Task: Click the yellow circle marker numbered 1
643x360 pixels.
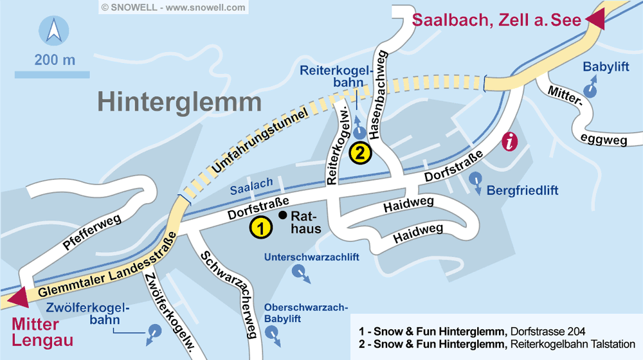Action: pyautogui.click(x=260, y=227)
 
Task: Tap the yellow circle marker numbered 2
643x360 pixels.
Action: pyautogui.click(x=360, y=153)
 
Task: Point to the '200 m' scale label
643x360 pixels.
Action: pyautogui.click(x=55, y=61)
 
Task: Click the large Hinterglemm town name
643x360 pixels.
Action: pyautogui.click(x=179, y=102)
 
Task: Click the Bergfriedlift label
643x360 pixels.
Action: pyautogui.click(x=522, y=191)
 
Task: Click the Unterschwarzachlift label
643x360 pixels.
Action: pyautogui.click(x=311, y=258)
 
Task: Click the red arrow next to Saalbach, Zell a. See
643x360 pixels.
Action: pyautogui.click(x=595, y=20)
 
